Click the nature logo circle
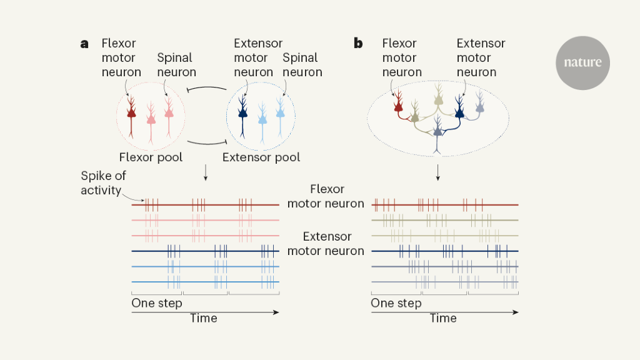(x=582, y=62)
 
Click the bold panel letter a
(x=84, y=44)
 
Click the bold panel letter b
(x=358, y=44)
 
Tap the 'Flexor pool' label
(x=151, y=157)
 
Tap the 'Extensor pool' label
(x=261, y=157)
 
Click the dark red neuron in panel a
(x=131, y=113)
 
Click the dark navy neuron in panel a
(x=242, y=113)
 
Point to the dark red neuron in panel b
(x=398, y=106)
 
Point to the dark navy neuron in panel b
(x=460, y=110)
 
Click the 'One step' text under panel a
(x=157, y=303)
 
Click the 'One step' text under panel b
(x=396, y=303)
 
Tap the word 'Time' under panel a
(x=204, y=318)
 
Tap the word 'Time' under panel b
(x=443, y=318)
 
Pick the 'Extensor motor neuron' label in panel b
(x=481, y=57)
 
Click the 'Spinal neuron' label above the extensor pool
(x=302, y=65)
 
